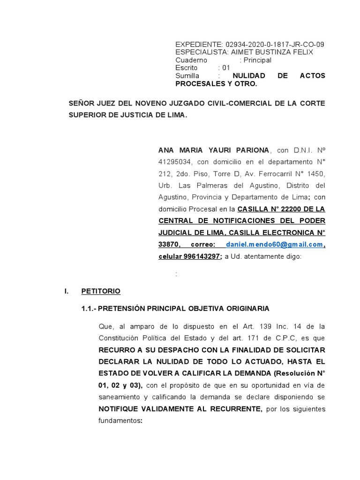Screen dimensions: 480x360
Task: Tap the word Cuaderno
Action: coord(191,60)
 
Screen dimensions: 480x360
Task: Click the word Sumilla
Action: coord(187,76)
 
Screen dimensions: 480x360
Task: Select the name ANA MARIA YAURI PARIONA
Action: coord(214,150)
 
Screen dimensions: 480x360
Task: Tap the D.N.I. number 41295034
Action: coord(176,162)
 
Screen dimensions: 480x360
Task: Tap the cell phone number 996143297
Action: coord(203,257)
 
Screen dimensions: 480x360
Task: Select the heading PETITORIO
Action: coord(101,291)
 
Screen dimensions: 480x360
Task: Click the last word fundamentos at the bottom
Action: coord(119,421)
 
